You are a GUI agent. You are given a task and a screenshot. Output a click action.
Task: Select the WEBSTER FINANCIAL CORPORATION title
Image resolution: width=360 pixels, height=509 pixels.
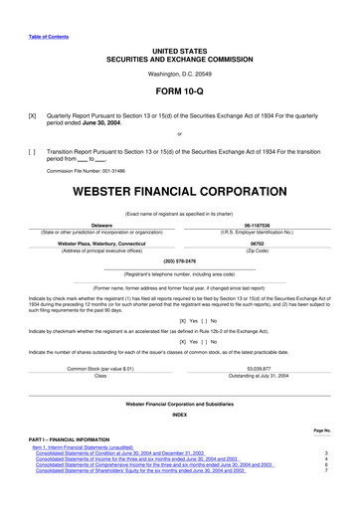click(179, 189)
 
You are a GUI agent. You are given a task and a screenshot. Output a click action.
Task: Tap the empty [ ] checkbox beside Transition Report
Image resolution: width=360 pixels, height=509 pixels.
click(34, 146)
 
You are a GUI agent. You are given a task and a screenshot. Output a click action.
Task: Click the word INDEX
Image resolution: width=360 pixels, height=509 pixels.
click(179, 415)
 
